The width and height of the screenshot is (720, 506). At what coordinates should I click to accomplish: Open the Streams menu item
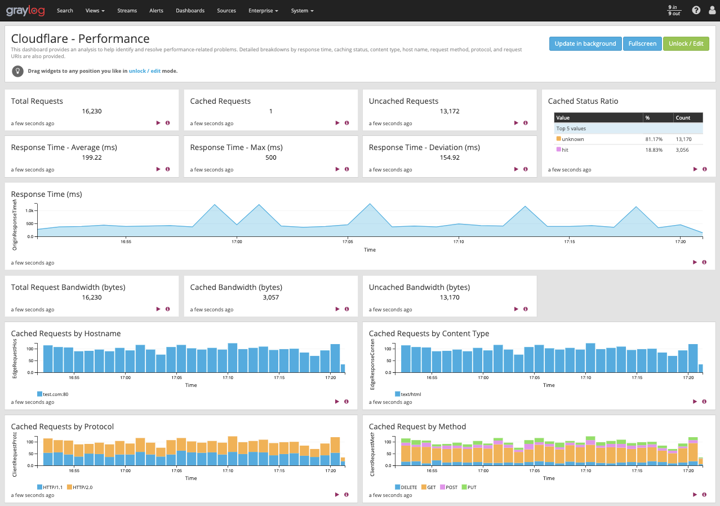coord(127,11)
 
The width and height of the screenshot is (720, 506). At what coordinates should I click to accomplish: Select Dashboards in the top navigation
coord(190,11)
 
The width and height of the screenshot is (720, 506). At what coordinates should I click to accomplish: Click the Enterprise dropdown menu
coord(263,11)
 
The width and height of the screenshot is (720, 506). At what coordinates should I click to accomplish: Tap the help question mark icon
coord(696,10)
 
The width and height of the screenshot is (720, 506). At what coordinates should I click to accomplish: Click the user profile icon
coord(711,10)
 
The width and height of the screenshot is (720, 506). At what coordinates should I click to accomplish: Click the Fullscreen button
coord(642,44)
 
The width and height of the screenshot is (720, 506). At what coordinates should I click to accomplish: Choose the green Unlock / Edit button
coord(686,44)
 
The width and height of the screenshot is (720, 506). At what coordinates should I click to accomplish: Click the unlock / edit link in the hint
coord(145,71)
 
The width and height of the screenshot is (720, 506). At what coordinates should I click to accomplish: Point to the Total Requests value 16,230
coord(92,111)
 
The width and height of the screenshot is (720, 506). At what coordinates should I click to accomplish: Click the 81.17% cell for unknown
coord(654,139)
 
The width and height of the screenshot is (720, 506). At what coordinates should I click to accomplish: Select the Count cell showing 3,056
coord(682,149)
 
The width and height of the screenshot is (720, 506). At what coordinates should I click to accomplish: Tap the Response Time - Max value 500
coord(271,157)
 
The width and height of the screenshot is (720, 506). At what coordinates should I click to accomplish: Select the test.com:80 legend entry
coord(55,394)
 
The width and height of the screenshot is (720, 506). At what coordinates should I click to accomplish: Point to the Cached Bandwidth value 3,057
coord(271,297)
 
